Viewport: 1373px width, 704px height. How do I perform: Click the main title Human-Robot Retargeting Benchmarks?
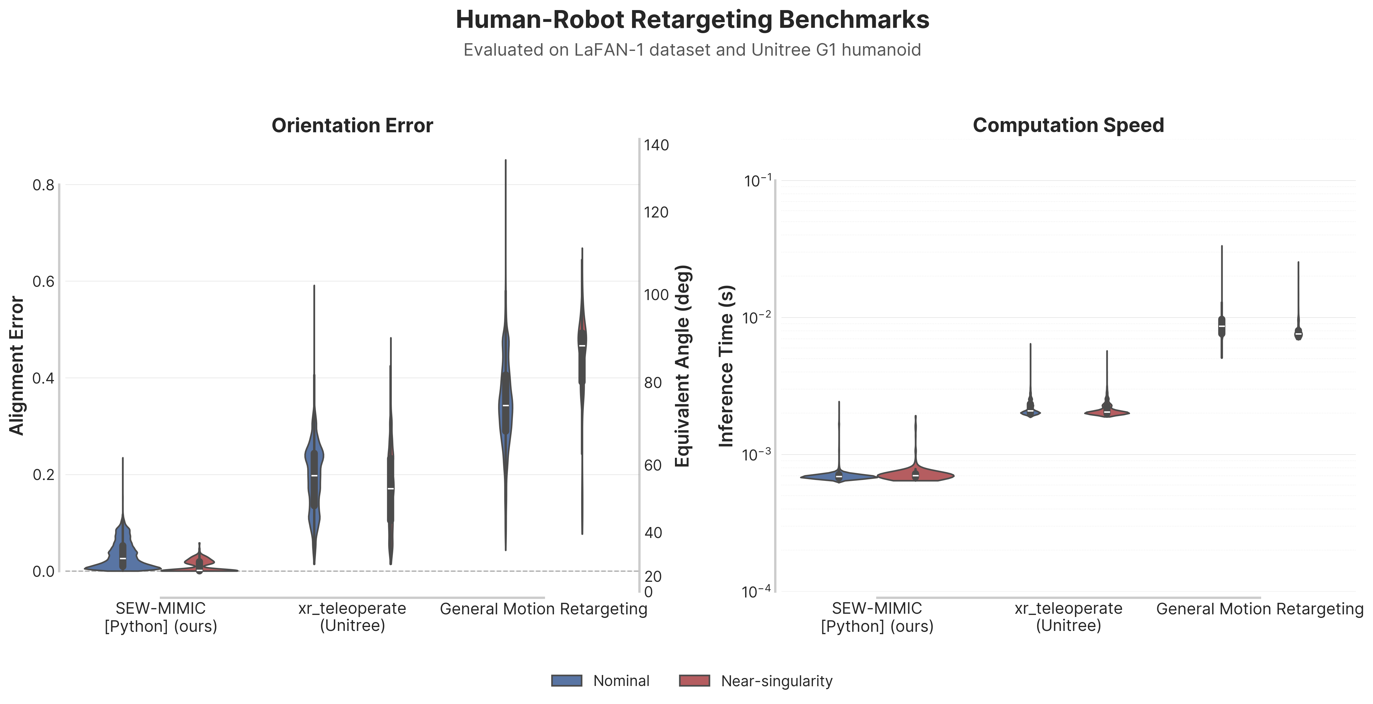[692, 20]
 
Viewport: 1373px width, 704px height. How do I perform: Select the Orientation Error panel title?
[352, 126]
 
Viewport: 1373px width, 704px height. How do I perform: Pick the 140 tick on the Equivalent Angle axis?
[656, 145]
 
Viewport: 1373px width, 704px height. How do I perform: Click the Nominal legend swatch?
[567, 681]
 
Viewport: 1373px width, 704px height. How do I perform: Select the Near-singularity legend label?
[776, 681]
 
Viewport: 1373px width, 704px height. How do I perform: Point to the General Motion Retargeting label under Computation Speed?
[1259, 609]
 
